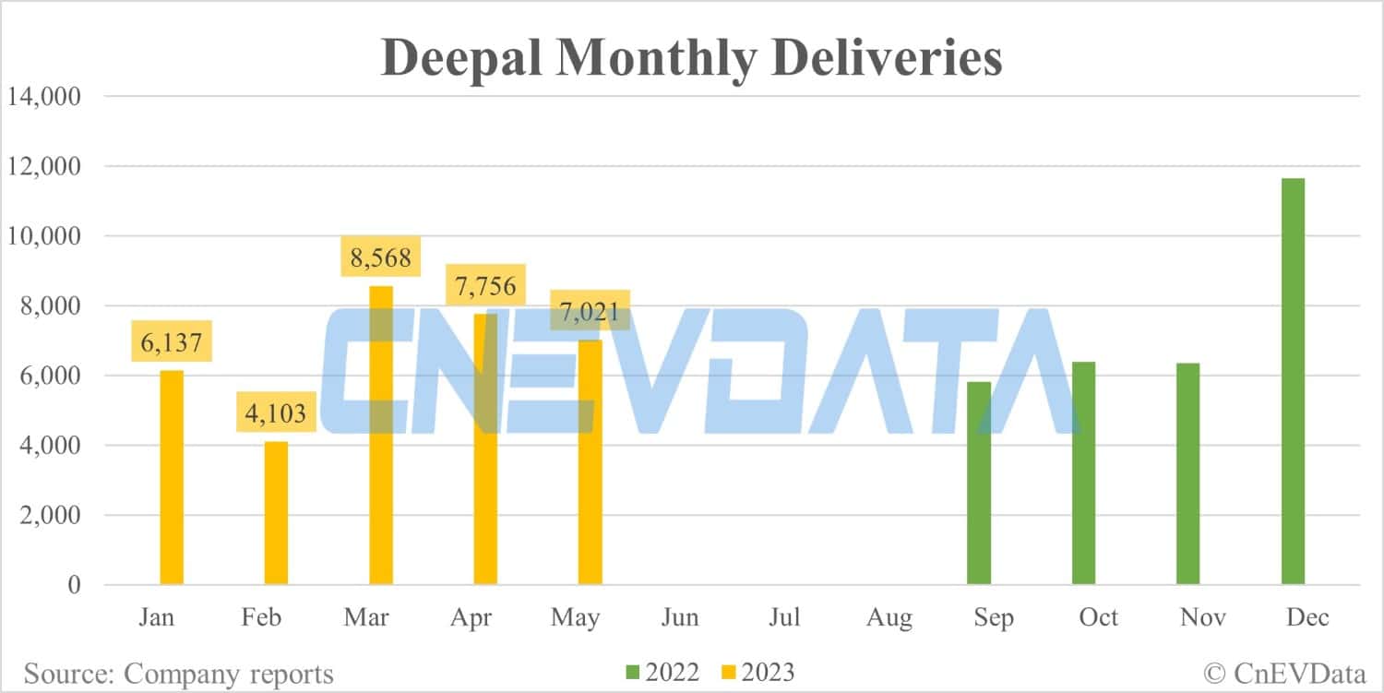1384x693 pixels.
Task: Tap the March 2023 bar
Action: point(381,435)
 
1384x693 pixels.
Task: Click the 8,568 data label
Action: point(381,257)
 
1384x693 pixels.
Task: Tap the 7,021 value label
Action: point(590,310)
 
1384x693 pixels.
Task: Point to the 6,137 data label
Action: point(172,341)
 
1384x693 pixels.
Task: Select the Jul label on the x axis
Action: point(784,616)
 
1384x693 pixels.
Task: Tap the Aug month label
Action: point(889,616)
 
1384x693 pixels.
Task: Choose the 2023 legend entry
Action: point(754,673)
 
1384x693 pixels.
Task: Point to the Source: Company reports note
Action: point(178,674)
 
